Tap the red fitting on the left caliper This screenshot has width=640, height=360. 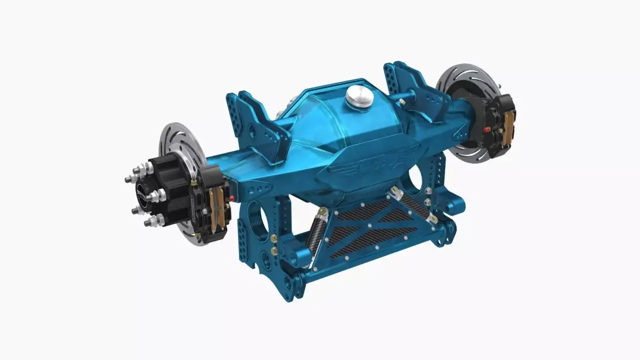click(232, 197)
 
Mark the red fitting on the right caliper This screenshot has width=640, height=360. click(485, 130)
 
